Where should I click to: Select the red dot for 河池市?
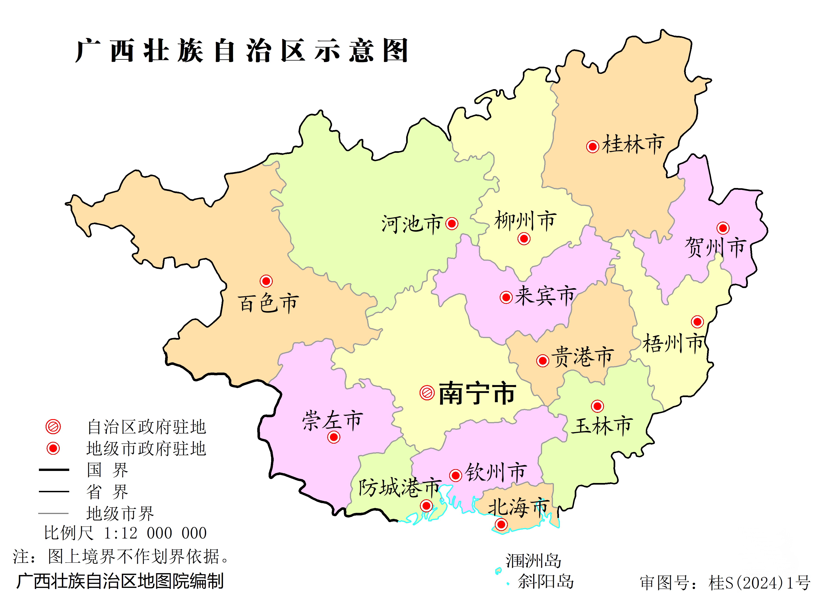452,223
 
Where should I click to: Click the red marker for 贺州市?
723,228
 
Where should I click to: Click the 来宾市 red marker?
506,297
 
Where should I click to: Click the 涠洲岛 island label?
533,561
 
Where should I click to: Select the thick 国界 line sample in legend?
54,470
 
